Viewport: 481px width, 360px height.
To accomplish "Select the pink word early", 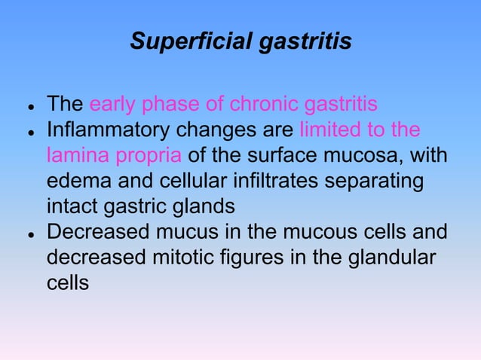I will (112, 104).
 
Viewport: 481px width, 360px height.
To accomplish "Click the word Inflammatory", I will (112, 130).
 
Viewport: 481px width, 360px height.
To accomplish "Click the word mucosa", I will (371, 156).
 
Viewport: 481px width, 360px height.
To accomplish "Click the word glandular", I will (394, 258).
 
